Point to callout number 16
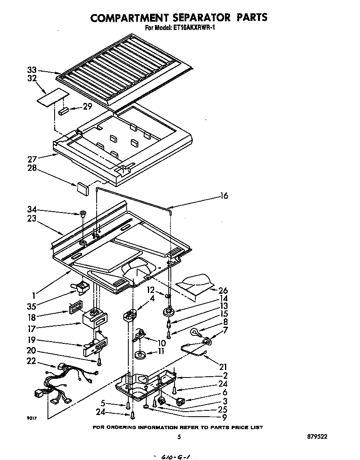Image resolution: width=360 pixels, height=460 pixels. [x=224, y=196]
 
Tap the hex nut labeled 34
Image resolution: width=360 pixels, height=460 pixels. [x=82, y=214]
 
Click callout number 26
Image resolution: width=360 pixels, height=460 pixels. [x=223, y=290]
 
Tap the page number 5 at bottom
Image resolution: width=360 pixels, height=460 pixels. [x=179, y=437]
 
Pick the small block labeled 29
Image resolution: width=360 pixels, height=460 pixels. [x=64, y=111]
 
